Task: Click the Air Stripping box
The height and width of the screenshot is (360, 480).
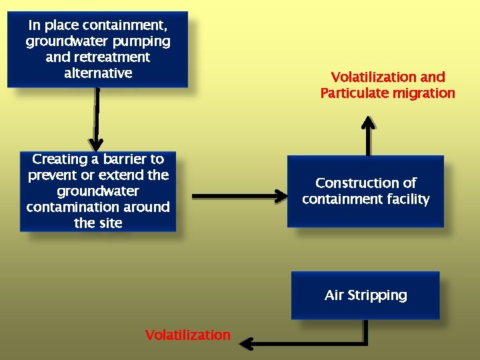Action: click(365, 295)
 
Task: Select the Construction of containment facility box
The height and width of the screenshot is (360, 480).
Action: click(365, 191)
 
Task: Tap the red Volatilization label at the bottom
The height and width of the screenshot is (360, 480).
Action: click(187, 335)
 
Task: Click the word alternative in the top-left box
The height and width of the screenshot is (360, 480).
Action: click(98, 73)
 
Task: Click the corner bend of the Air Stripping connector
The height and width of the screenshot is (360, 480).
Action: click(365, 343)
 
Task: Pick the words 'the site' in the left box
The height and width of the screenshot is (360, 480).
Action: click(98, 223)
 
